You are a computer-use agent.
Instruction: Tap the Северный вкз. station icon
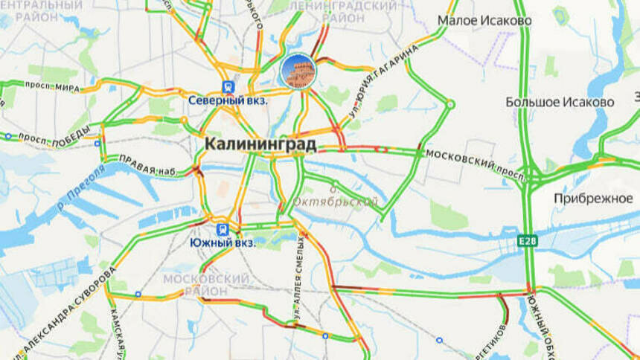[x=225, y=86]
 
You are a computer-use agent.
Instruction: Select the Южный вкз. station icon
[x=222, y=229]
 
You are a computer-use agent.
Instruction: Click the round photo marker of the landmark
[x=298, y=71]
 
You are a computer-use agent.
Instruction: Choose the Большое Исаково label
[x=560, y=102]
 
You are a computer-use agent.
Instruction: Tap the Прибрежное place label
[x=592, y=198]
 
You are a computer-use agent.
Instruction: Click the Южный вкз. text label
[x=222, y=243]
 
